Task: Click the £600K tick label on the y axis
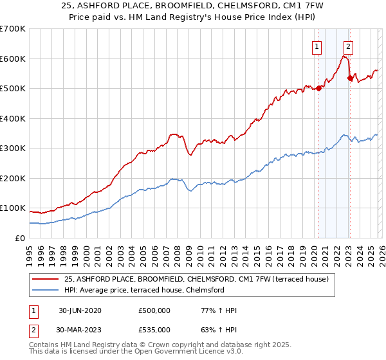pyautogui.click(x=13, y=59)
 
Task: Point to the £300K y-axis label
pyautogui.click(x=13, y=148)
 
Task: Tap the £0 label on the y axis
pyautogui.click(x=21, y=238)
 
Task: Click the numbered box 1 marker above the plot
pyautogui.click(x=318, y=46)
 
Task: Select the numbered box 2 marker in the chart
pyautogui.click(x=348, y=46)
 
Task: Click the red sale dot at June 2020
pyautogui.click(x=318, y=89)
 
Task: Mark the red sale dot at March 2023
pyautogui.click(x=350, y=78)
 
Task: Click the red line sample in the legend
pyautogui.click(x=46, y=279)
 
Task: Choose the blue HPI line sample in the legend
pyautogui.click(x=46, y=290)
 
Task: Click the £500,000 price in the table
pyautogui.click(x=154, y=310)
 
